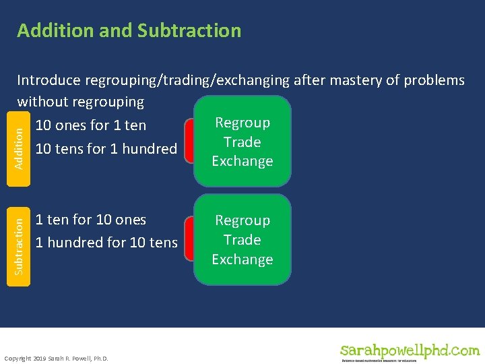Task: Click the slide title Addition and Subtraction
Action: [x=129, y=31]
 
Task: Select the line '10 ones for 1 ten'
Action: [x=90, y=125]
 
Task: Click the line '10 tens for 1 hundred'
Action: [x=106, y=148]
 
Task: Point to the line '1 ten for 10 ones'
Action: [x=90, y=220]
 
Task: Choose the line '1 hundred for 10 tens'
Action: [x=106, y=243]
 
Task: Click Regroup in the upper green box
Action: [x=242, y=123]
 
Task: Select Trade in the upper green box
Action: [x=242, y=142]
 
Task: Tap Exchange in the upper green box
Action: [x=242, y=161]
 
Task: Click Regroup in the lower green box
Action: [x=242, y=220]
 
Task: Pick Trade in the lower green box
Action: [x=242, y=240]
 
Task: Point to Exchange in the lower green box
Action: [x=242, y=260]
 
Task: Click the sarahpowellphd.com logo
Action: [x=410, y=351]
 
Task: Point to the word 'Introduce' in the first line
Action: [x=51, y=81]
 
